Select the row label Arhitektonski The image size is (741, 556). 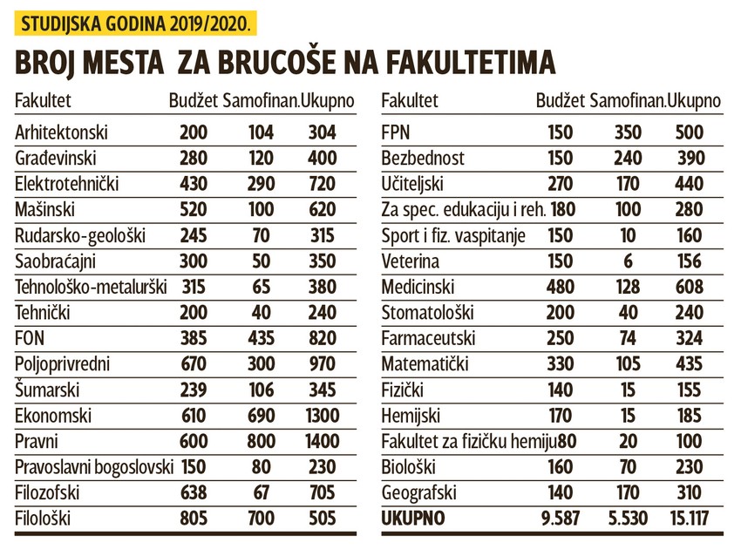pos(61,132)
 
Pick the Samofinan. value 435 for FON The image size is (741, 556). pos(261,339)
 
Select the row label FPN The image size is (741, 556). pos(397,132)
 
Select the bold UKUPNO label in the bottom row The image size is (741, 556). pos(413,519)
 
